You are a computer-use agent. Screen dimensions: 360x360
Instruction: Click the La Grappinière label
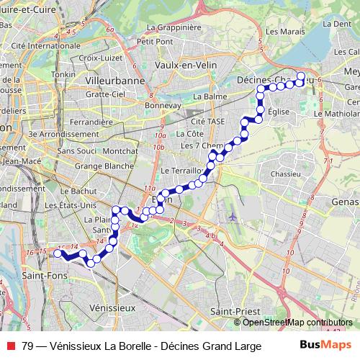(172, 28)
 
